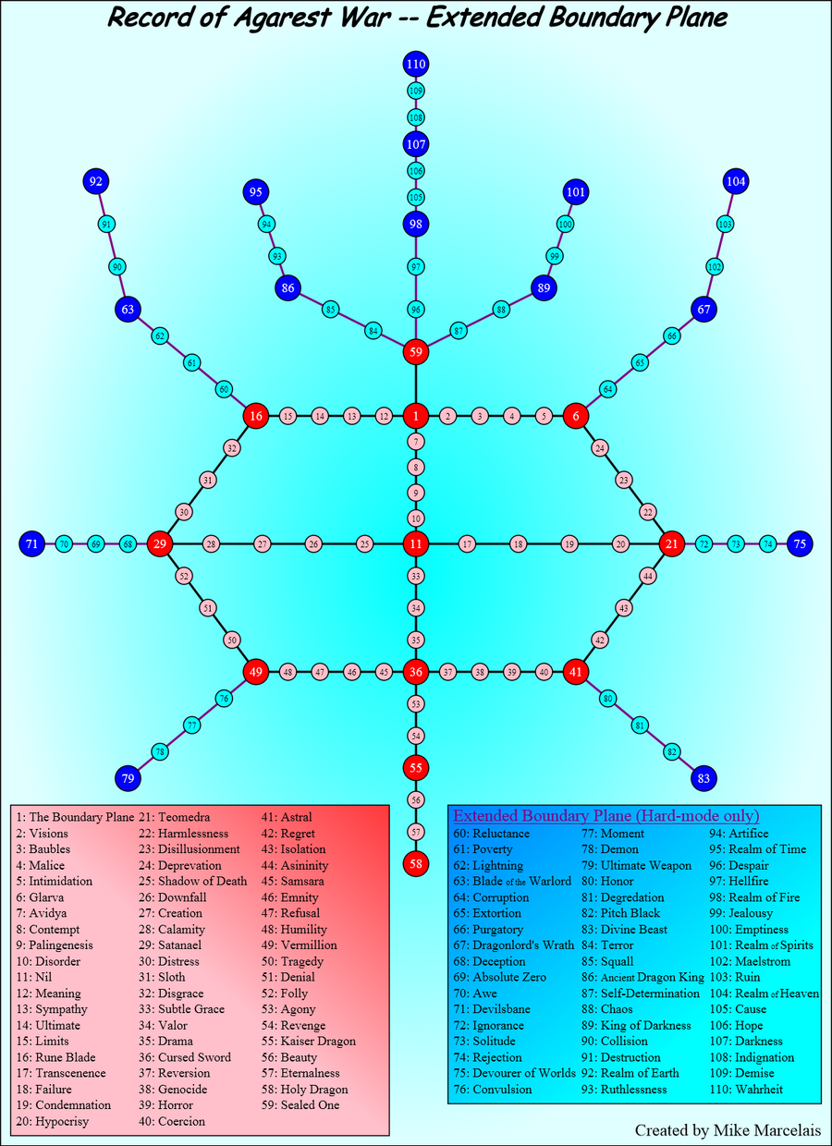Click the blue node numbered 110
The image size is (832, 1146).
pyautogui.click(x=415, y=64)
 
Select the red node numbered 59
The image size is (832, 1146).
pyautogui.click(x=415, y=352)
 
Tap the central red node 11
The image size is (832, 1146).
pyautogui.click(x=415, y=543)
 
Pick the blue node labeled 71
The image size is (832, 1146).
pyautogui.click(x=31, y=543)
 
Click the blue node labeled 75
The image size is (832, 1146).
pyautogui.click(x=800, y=543)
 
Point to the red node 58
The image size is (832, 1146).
pyautogui.click(x=415, y=864)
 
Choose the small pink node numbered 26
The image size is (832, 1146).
pyautogui.click(x=313, y=543)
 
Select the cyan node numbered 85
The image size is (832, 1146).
pyautogui.click(x=331, y=310)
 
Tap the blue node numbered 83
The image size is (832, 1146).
pyautogui.click(x=704, y=779)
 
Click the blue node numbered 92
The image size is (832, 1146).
pyautogui.click(x=96, y=181)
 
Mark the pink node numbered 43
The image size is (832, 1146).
pyautogui.click(x=623, y=608)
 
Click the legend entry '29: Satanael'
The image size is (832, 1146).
pyautogui.click(x=170, y=945)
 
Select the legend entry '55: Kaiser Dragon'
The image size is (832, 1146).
pyautogui.click(x=309, y=1042)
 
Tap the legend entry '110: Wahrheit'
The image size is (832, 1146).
pyautogui.click(x=746, y=1090)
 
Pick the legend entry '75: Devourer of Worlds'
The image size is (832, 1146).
pyautogui.click(x=514, y=1073)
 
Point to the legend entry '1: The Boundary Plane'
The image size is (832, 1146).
pyautogui.click(x=75, y=817)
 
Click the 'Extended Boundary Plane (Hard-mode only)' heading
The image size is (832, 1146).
pyautogui.click(x=606, y=815)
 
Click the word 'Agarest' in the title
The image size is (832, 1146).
pyautogui.click(x=281, y=18)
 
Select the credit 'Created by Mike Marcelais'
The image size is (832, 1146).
pyautogui.click(x=728, y=1129)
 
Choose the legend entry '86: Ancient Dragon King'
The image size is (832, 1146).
pyautogui.click(x=642, y=977)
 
